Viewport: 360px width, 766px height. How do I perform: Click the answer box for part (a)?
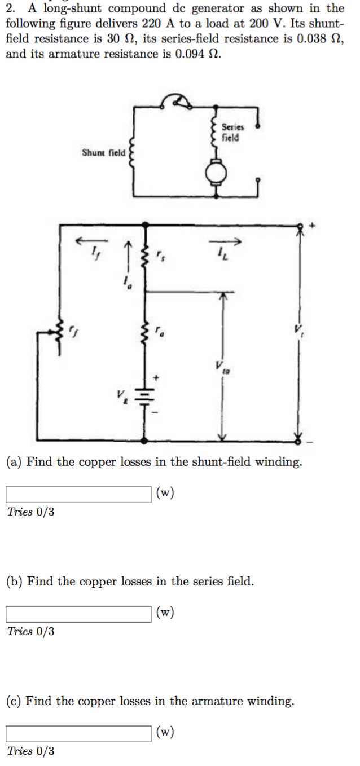(78, 494)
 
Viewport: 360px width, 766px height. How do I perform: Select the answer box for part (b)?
(78, 614)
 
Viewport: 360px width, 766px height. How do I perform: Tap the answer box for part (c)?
(78, 733)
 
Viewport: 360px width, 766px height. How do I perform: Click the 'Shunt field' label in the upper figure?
(104, 153)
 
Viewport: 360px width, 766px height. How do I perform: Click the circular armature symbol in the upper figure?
(216, 174)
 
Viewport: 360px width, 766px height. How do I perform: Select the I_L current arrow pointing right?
(226, 241)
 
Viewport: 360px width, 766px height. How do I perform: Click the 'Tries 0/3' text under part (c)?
(31, 751)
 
